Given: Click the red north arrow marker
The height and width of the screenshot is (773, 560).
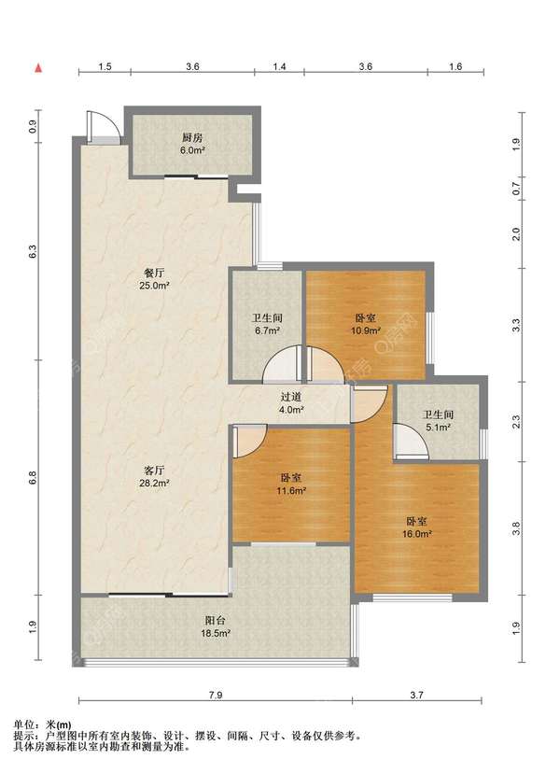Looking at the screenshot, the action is (38, 68).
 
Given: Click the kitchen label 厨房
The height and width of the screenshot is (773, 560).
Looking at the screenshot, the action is (192, 137).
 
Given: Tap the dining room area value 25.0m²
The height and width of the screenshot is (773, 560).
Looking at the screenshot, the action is (154, 285).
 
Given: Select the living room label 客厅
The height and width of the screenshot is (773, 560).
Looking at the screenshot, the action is (154, 471).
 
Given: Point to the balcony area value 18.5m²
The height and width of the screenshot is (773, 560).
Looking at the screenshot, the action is (215, 633).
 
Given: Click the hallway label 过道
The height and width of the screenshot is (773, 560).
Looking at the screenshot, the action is (291, 397).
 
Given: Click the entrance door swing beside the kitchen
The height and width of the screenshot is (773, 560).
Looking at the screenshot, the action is (103, 127).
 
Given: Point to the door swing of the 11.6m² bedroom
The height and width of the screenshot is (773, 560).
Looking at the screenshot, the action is (250, 441).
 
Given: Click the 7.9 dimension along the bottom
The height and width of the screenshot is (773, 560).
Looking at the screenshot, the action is (216, 696).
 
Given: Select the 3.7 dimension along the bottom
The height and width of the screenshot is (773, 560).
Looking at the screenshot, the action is (416, 696).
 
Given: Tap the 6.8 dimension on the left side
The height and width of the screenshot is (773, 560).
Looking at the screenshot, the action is (33, 477).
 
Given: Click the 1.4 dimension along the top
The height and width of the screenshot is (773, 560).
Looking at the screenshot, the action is (279, 66).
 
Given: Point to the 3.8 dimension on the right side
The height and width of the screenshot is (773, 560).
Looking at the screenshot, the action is (516, 528).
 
